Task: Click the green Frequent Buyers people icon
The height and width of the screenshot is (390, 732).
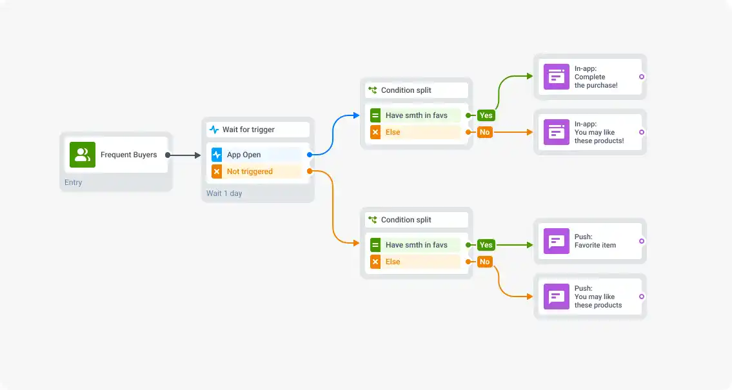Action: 83,155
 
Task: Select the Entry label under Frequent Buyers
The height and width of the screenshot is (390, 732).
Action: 73,182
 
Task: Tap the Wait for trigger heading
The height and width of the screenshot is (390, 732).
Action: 248,130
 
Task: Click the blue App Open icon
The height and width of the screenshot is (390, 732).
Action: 217,155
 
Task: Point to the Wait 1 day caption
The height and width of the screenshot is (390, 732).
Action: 224,193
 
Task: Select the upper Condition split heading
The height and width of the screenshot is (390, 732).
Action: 406,90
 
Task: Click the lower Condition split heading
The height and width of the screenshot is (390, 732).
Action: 406,220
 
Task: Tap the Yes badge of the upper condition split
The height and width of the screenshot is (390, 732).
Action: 486,115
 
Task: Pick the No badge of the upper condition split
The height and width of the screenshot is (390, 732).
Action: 484,132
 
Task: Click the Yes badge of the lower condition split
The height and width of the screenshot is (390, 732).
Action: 486,245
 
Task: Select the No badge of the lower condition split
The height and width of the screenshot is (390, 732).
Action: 484,262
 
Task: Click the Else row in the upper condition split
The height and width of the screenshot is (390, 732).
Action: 415,132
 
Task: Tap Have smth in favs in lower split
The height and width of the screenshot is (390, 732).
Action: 416,245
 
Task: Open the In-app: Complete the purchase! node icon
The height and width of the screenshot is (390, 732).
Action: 556,77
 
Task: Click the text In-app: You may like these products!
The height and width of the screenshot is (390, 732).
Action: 598,132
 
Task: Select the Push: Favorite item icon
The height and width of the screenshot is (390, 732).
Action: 556,241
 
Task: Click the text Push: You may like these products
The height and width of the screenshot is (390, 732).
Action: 598,297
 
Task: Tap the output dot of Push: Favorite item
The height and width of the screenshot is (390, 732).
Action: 641,241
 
